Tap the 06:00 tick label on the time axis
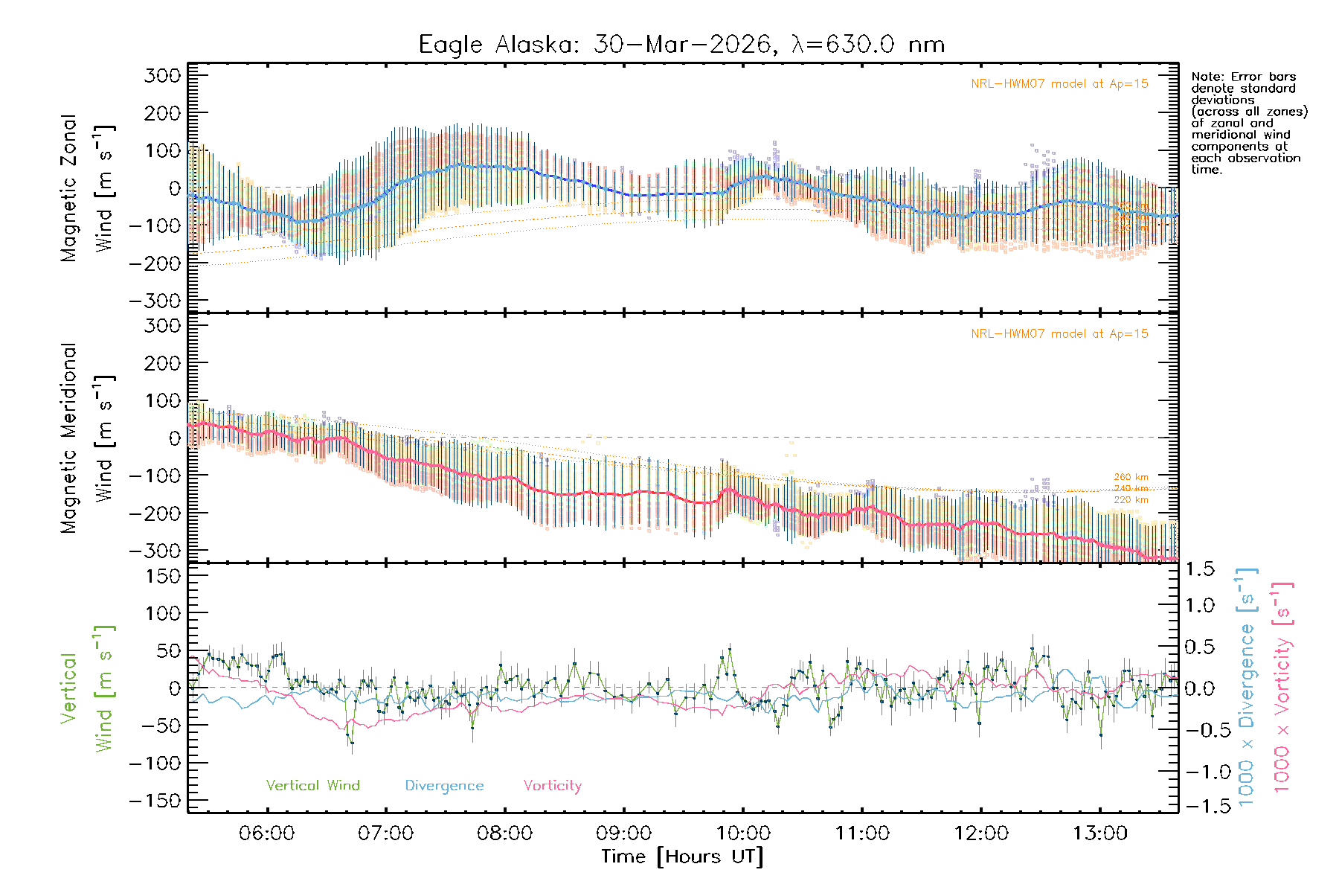[266, 833]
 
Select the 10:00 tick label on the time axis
[743, 833]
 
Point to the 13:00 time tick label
[1100, 833]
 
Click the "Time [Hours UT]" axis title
[682, 857]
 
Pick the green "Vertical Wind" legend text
[312, 786]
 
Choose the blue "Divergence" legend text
[444, 786]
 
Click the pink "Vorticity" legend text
[552, 786]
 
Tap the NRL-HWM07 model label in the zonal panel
[1059, 84]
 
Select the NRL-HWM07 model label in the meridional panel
[1059, 334]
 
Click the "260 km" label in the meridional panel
[1131, 477]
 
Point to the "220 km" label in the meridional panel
[1131, 500]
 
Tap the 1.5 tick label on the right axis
[1200, 569]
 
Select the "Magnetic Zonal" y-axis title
[68, 188]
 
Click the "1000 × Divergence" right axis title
[1247, 688]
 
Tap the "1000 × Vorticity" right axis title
[1282, 688]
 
